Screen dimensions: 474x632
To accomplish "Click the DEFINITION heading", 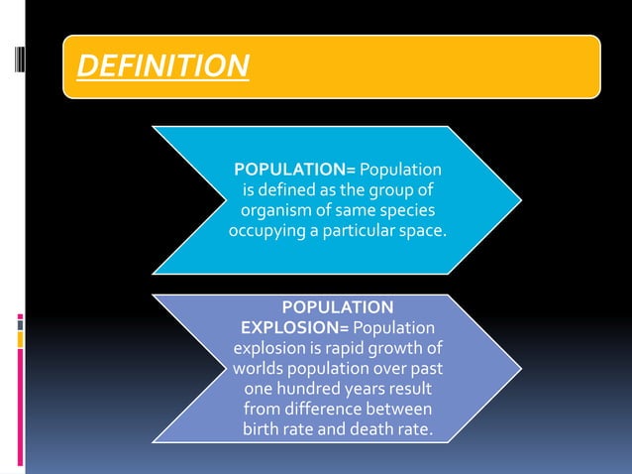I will (x=162, y=67).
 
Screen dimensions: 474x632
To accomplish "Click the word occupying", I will (x=266, y=231).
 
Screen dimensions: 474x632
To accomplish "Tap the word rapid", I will (x=335, y=348).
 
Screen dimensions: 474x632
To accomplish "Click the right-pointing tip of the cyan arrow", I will (x=519, y=199).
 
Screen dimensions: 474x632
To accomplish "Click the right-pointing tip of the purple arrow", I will (x=519, y=368).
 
